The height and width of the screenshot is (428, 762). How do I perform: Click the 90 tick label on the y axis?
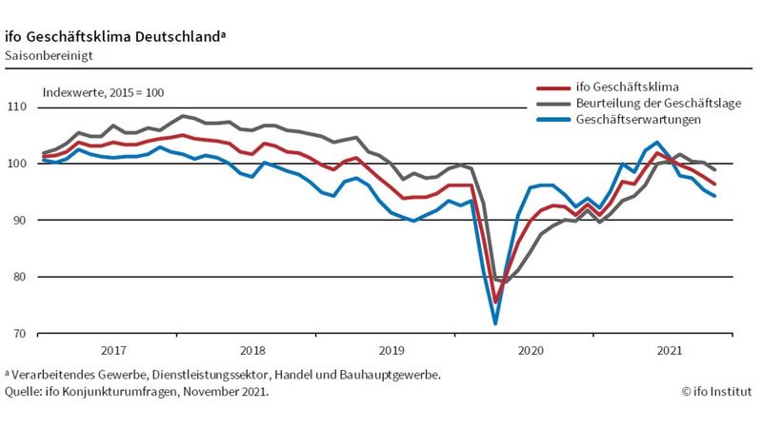click(x=19, y=220)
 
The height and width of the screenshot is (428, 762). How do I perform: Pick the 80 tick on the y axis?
click(x=19, y=277)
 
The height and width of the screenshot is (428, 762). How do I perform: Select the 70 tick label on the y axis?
click(x=19, y=334)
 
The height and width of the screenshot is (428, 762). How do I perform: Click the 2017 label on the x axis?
click(x=112, y=350)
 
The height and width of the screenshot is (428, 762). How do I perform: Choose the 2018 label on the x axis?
click(x=252, y=350)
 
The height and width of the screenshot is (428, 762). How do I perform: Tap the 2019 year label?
click(x=391, y=350)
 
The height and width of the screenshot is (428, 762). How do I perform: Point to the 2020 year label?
click(x=531, y=350)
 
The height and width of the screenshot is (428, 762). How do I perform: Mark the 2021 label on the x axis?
click(x=670, y=350)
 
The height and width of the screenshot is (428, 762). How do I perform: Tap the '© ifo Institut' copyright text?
click(x=715, y=391)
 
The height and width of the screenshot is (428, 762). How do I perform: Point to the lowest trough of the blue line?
click(x=495, y=323)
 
